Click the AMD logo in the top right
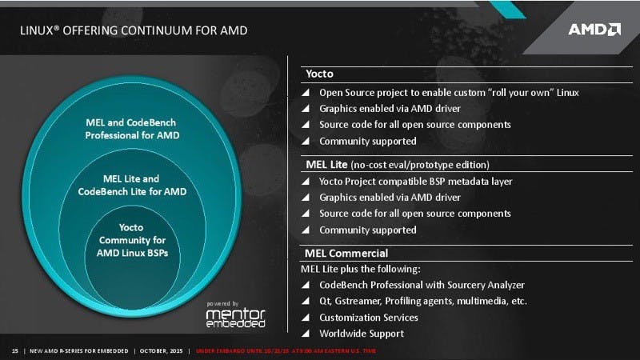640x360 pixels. coord(594,30)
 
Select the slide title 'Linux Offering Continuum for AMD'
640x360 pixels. coord(133,30)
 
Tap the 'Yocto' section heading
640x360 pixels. coord(319,74)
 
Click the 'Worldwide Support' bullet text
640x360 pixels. coord(362,334)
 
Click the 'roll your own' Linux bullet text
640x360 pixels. coord(449,92)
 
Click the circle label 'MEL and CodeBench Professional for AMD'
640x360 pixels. coord(132,130)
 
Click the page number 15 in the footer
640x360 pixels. coord(14,351)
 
